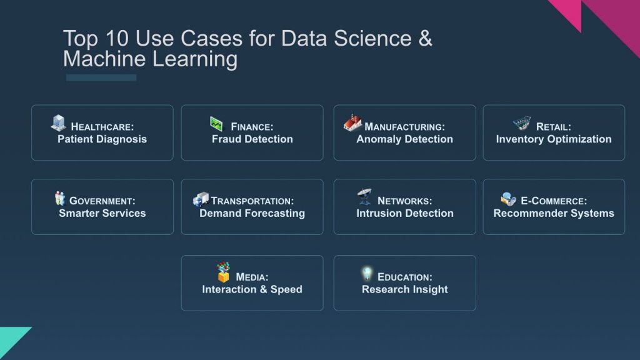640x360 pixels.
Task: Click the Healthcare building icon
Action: tap(59, 123)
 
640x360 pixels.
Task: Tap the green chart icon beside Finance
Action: tap(216, 124)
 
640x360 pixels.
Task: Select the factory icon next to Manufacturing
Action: tap(353, 123)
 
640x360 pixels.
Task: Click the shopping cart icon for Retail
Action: tap(522, 123)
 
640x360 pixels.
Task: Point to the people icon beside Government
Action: tap(60, 199)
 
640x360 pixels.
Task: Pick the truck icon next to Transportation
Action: tap(201, 199)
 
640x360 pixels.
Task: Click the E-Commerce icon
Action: tap(509, 199)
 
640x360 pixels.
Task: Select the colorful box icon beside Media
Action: tap(223, 272)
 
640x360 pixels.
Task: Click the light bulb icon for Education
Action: tap(367, 274)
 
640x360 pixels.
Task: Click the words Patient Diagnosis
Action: tap(102, 139)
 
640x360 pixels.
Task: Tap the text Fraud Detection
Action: tap(252, 139)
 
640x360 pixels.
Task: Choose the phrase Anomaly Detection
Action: tap(404, 139)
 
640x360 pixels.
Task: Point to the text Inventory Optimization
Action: tap(554, 139)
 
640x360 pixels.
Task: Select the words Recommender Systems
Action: tap(554, 214)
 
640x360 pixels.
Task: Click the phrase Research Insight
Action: tap(404, 289)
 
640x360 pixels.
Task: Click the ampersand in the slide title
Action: tap(424, 39)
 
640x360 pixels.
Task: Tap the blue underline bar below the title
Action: tap(101, 77)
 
